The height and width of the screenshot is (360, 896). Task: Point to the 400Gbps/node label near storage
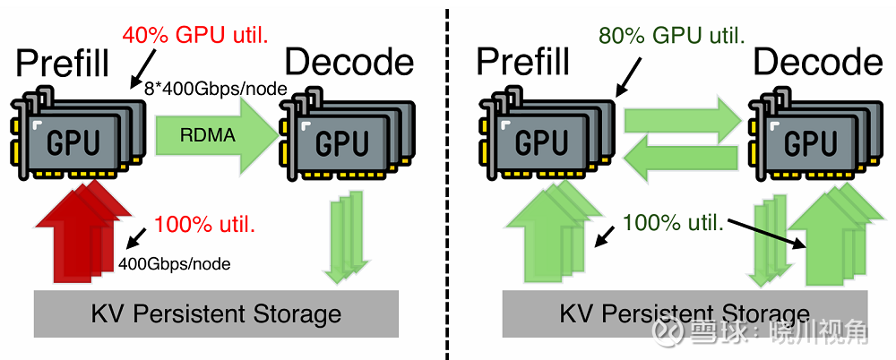tap(174, 264)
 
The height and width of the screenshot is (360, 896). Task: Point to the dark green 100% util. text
tap(673, 222)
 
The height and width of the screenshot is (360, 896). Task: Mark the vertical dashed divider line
tap(447, 179)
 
